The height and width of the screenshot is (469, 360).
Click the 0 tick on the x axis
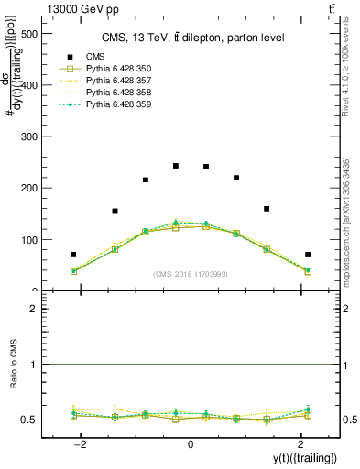[x=191, y=445]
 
